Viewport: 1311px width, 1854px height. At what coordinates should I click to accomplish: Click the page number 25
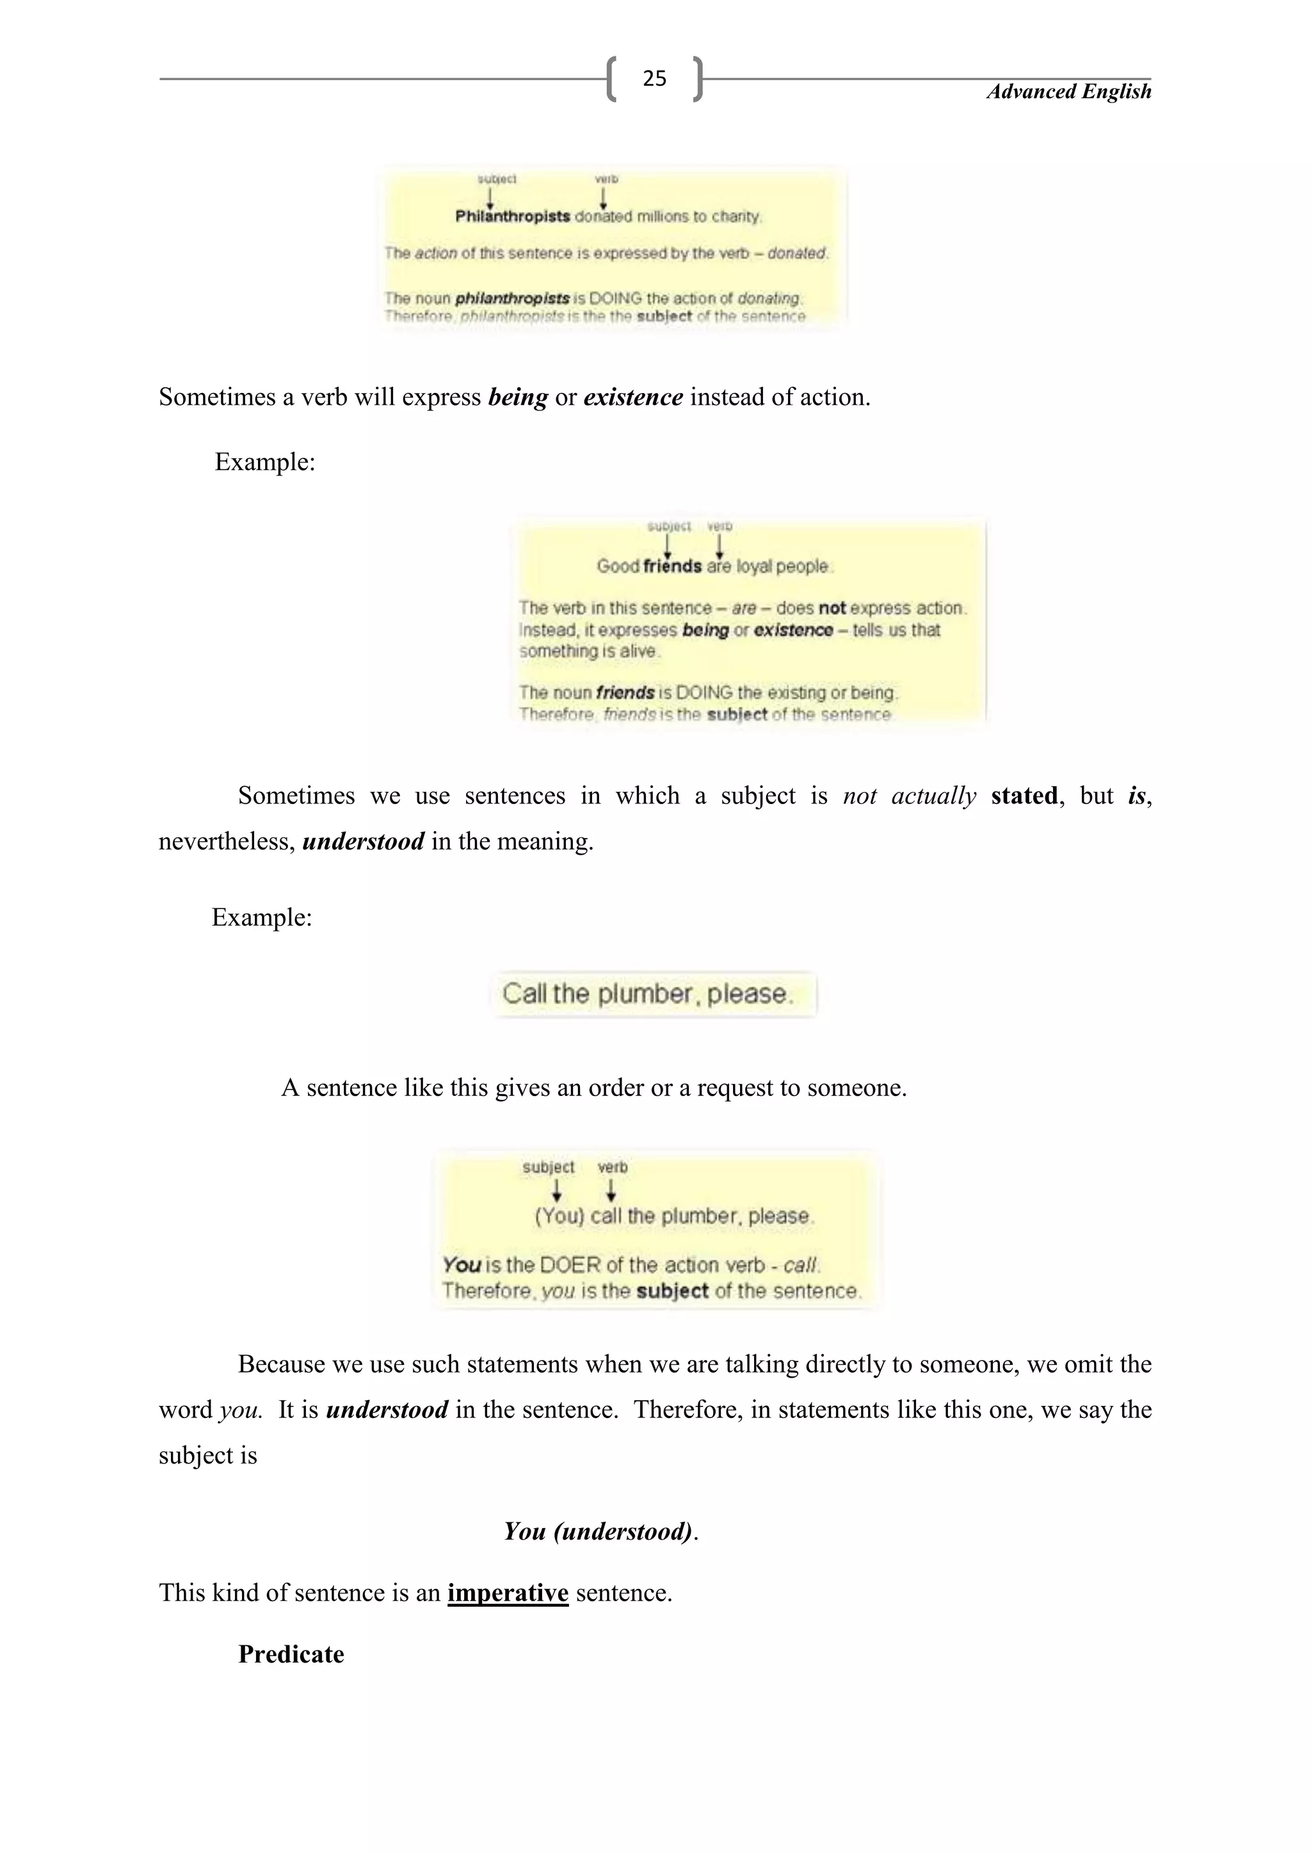point(654,78)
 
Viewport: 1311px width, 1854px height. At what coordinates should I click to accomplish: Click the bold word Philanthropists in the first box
point(513,216)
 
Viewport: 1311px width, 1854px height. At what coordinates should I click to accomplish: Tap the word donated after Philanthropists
point(604,216)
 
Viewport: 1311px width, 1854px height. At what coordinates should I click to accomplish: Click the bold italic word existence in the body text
point(633,398)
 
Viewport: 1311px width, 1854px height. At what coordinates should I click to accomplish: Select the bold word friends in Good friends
point(672,566)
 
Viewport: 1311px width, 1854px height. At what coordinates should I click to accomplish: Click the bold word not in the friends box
point(832,608)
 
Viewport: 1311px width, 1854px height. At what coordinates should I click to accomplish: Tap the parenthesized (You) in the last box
point(559,1216)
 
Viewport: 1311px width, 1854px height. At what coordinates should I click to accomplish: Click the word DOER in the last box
point(570,1264)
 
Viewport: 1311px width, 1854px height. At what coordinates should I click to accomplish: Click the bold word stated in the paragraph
point(1024,796)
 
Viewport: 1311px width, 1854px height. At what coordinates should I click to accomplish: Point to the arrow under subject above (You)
point(556,1190)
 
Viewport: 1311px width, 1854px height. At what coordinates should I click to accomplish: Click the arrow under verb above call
point(611,1190)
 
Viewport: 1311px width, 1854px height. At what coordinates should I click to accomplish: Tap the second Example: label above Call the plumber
point(262,917)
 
